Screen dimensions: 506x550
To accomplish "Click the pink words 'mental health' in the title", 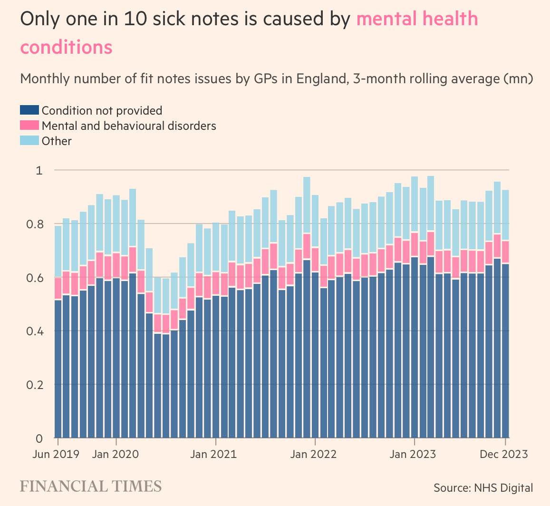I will point(417,19).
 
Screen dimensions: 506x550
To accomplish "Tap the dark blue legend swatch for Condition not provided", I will point(29,110).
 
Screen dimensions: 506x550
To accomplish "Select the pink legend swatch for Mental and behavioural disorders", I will point(29,126).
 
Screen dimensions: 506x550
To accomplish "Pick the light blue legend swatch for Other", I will point(29,141).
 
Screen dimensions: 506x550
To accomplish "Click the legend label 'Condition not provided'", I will point(102,110).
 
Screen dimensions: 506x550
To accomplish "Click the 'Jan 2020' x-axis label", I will point(116,454).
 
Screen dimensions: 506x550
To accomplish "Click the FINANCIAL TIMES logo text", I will point(90,487).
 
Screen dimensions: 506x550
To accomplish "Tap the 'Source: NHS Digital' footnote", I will point(483,487).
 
